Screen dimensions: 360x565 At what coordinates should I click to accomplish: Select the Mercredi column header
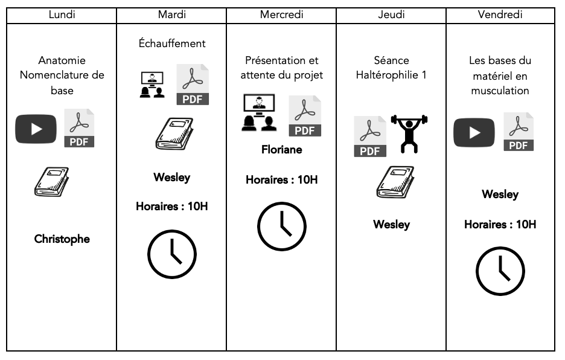[x=281, y=14]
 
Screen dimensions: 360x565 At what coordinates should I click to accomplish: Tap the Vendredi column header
[x=500, y=14]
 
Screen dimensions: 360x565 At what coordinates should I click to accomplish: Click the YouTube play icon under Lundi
[x=36, y=129]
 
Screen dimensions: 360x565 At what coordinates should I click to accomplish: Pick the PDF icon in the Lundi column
[x=78, y=128]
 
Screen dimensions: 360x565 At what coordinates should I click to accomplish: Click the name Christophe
[x=62, y=239]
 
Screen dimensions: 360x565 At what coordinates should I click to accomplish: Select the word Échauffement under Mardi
[x=171, y=43]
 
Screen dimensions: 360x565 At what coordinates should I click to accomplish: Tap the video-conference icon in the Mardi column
[x=151, y=85]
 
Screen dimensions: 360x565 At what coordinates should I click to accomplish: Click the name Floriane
[x=281, y=149]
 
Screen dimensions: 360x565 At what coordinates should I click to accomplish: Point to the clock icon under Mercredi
[x=282, y=227]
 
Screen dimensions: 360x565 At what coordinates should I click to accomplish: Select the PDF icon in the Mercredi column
[x=305, y=116]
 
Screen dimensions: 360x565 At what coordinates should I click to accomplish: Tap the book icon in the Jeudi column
[x=392, y=182]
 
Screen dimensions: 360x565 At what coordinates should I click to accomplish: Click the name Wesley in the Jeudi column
[x=391, y=224]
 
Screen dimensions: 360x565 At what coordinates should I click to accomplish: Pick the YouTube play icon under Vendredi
[x=474, y=132]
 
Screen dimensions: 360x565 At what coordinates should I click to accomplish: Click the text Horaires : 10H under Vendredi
[x=500, y=224]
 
